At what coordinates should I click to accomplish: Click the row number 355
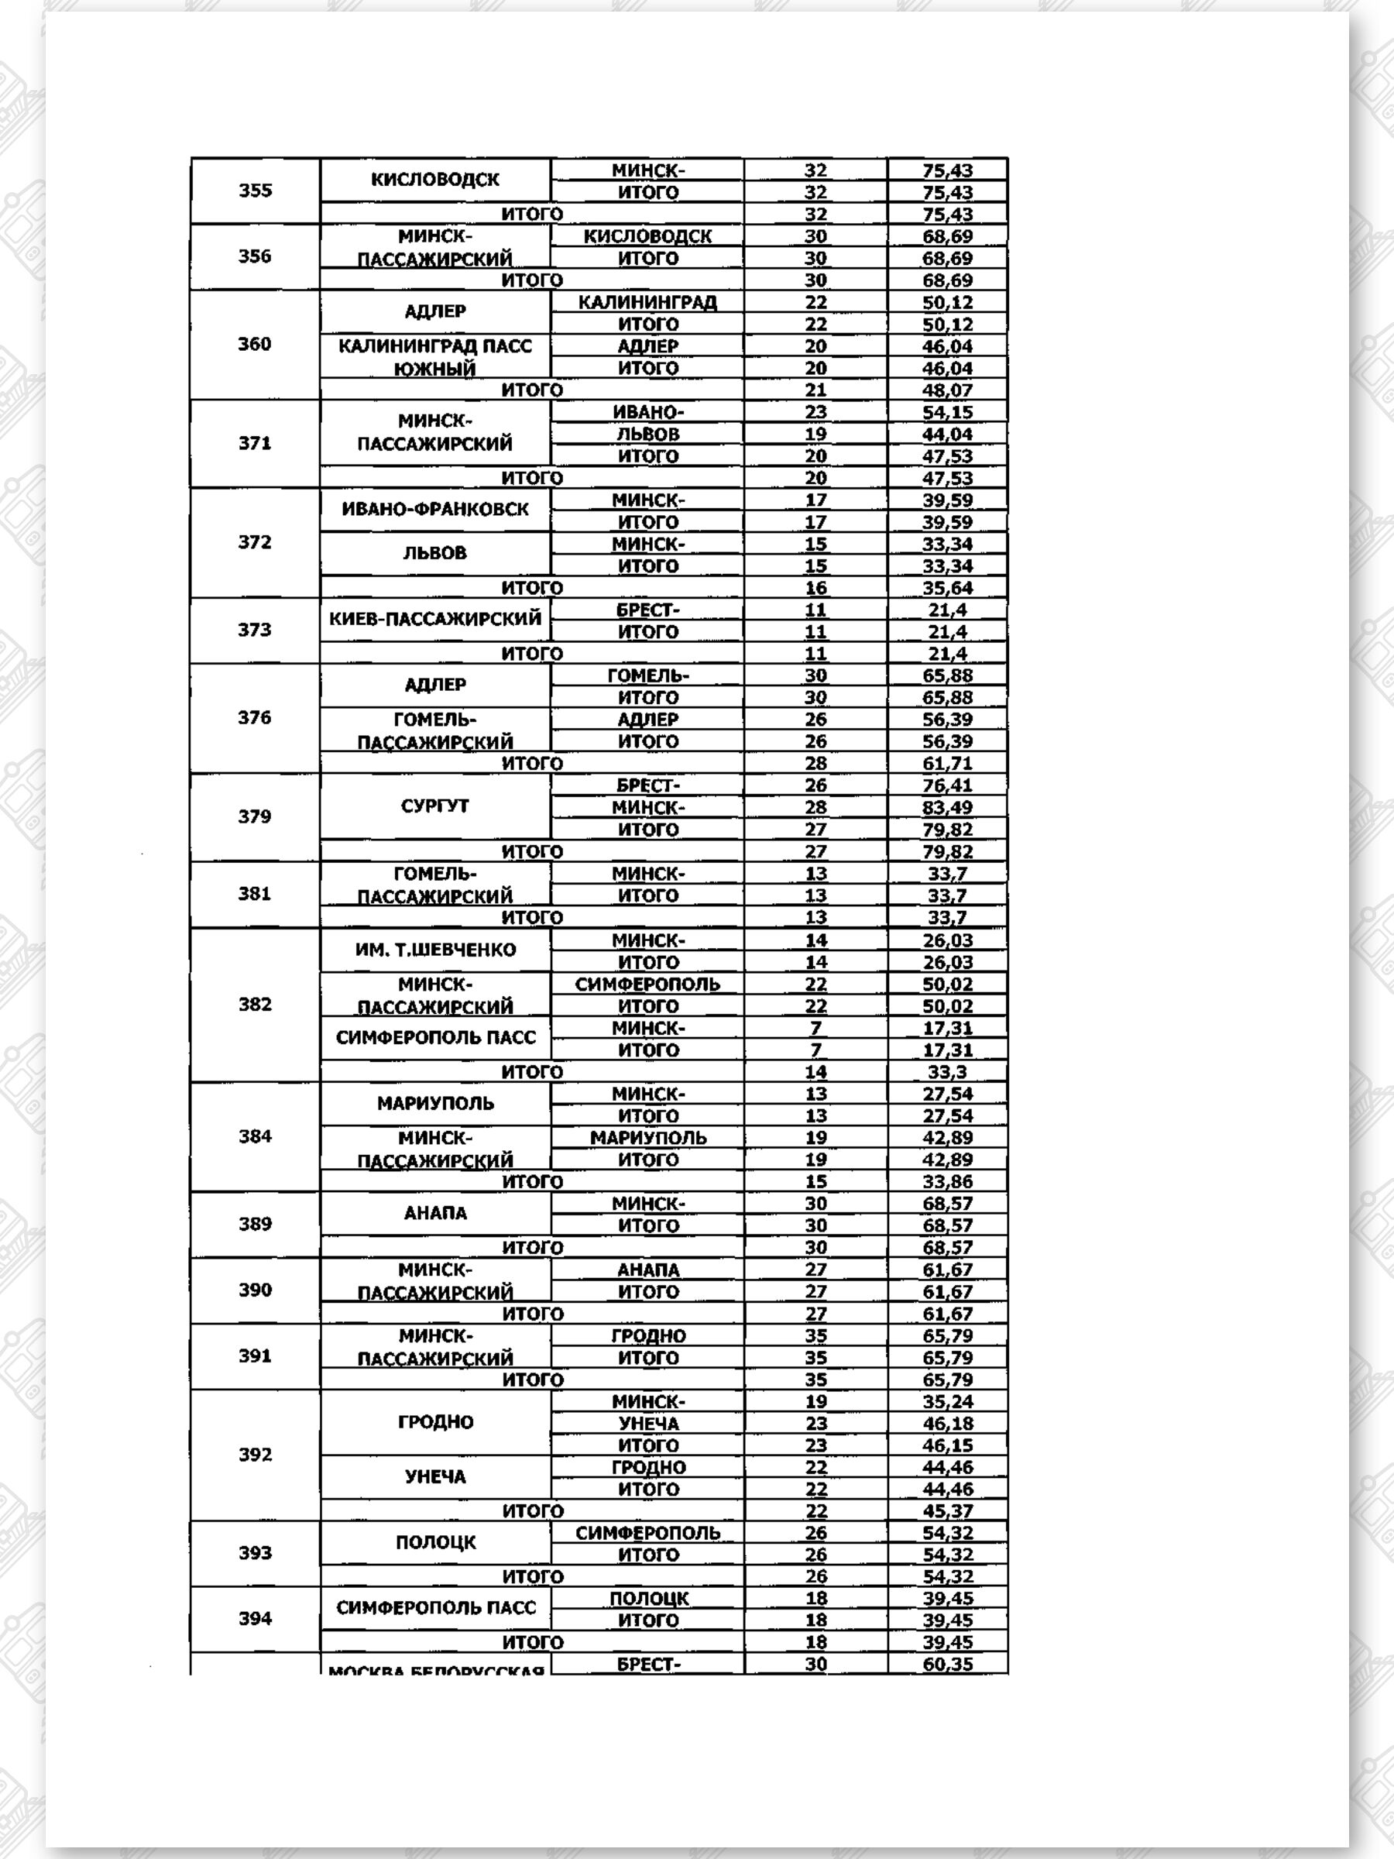[255, 191]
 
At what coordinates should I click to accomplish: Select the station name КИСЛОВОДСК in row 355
[434, 179]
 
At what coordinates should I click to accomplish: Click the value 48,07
[947, 390]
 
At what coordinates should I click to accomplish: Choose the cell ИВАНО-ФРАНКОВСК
[434, 510]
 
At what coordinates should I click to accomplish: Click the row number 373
[255, 631]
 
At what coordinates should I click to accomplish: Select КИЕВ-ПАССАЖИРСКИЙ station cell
[434, 620]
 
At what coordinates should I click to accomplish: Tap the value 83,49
[947, 808]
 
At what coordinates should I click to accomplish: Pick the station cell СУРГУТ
[434, 806]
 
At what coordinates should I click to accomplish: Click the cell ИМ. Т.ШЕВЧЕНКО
[434, 950]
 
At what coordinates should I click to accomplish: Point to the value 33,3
[947, 1072]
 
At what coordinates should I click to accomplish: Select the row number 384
[255, 1137]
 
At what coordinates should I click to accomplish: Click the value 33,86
[947, 1181]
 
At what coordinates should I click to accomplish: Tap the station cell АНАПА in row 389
[434, 1214]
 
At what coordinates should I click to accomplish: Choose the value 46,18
[947, 1424]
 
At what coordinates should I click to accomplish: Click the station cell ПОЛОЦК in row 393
[434, 1543]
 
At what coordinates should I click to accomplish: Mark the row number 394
[255, 1619]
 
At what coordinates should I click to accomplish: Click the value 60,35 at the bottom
[947, 1664]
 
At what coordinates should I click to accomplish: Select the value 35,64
[947, 588]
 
